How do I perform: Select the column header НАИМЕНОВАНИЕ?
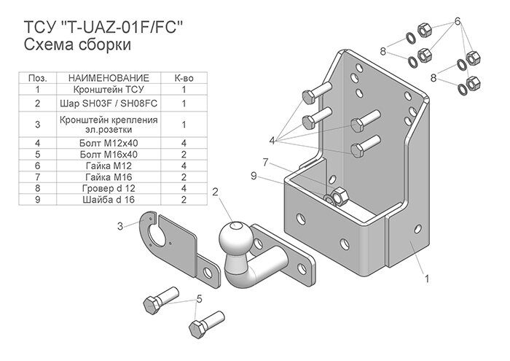coord(109,78)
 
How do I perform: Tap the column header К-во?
coord(184,78)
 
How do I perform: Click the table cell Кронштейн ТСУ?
coord(109,89)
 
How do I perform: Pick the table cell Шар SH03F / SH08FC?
coord(109,104)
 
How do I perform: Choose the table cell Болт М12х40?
coord(109,144)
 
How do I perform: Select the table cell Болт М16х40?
coord(109,155)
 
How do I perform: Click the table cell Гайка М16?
coord(109,176)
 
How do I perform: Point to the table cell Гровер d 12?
coord(109,187)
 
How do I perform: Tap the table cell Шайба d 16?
coord(109,198)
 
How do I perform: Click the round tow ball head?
coord(235,238)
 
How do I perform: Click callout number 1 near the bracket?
coord(425,277)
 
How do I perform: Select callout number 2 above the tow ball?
coord(216,192)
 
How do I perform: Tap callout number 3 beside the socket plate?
coord(119,226)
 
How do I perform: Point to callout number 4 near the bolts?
coord(272,139)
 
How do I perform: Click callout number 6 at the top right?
coord(458,21)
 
